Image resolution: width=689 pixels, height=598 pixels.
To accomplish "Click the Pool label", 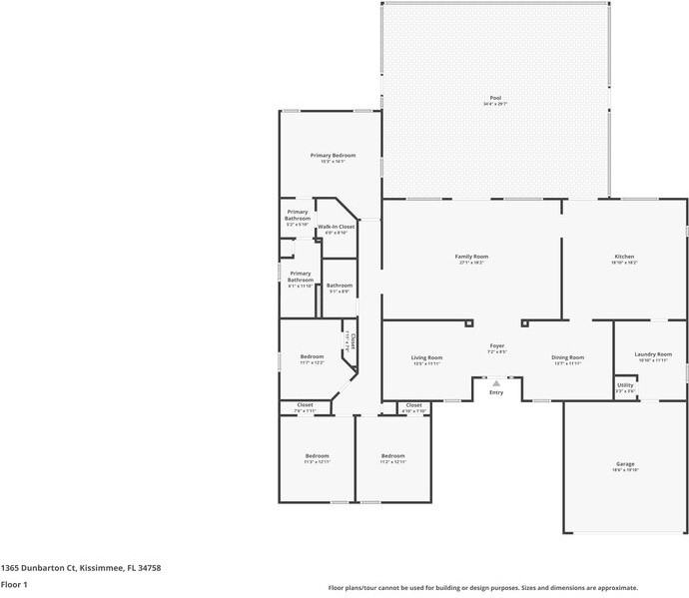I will point(495,98).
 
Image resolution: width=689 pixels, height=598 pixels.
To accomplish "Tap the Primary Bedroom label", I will point(333,156).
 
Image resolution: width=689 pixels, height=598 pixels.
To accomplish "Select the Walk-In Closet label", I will point(337,227).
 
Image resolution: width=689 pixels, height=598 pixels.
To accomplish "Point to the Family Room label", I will point(472,257).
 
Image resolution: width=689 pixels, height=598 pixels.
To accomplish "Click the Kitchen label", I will point(623,257).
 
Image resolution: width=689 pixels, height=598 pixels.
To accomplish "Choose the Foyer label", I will point(496,346).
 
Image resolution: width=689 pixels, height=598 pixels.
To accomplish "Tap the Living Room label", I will point(426,357).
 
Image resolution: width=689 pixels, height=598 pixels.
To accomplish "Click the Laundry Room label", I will point(652,354).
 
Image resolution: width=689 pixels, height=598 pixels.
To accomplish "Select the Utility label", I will point(625,385).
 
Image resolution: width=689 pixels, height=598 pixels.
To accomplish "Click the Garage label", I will point(625,464).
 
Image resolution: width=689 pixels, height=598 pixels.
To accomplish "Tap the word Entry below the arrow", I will point(496,392).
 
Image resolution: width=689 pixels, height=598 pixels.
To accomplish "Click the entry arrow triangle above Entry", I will point(496,382).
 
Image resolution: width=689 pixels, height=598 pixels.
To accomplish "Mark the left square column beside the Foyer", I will point(468,322).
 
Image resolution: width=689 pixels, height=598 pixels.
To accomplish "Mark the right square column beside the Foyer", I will point(522,322).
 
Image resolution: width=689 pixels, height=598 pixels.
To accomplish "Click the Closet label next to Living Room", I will point(413,405).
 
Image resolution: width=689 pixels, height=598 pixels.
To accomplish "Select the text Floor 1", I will point(14,584).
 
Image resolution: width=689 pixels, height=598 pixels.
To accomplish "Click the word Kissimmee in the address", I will point(102,567).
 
